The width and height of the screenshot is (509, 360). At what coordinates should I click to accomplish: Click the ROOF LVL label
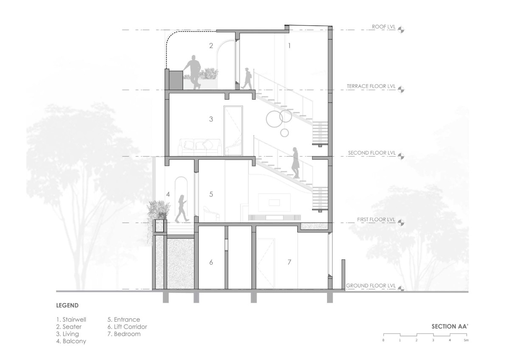coord(383,27)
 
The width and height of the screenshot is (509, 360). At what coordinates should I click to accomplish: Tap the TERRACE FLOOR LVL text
coord(371,86)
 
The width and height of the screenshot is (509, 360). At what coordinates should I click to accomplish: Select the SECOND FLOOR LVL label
coord(372,153)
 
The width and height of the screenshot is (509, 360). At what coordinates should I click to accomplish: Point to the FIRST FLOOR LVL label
coord(376,219)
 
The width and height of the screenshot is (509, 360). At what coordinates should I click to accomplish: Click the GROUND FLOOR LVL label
coord(371,286)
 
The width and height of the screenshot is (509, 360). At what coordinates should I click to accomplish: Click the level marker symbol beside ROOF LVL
coord(401,30)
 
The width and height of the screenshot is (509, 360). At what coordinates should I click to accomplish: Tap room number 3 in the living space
coord(211,119)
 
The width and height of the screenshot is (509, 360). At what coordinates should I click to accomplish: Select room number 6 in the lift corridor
coord(211,262)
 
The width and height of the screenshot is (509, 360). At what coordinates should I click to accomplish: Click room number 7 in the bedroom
coord(289,262)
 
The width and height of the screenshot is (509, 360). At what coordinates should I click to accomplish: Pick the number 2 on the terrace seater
coord(211,46)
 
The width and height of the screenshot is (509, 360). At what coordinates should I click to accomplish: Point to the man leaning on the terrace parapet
coord(193,72)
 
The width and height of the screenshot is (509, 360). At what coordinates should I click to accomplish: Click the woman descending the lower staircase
coord(295,163)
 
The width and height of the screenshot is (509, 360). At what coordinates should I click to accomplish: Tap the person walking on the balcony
coord(182,208)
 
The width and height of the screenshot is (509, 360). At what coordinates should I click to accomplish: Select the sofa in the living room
coord(200,147)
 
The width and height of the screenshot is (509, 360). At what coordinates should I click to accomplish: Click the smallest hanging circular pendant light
coord(285,133)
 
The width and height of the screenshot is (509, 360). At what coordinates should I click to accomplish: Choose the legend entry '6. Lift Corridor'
coord(127,327)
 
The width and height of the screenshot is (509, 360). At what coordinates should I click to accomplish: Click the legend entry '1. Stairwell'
coord(71,320)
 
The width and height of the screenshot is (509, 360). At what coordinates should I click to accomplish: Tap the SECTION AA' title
coord(450,326)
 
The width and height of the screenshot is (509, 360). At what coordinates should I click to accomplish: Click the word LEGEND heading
coord(67,305)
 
